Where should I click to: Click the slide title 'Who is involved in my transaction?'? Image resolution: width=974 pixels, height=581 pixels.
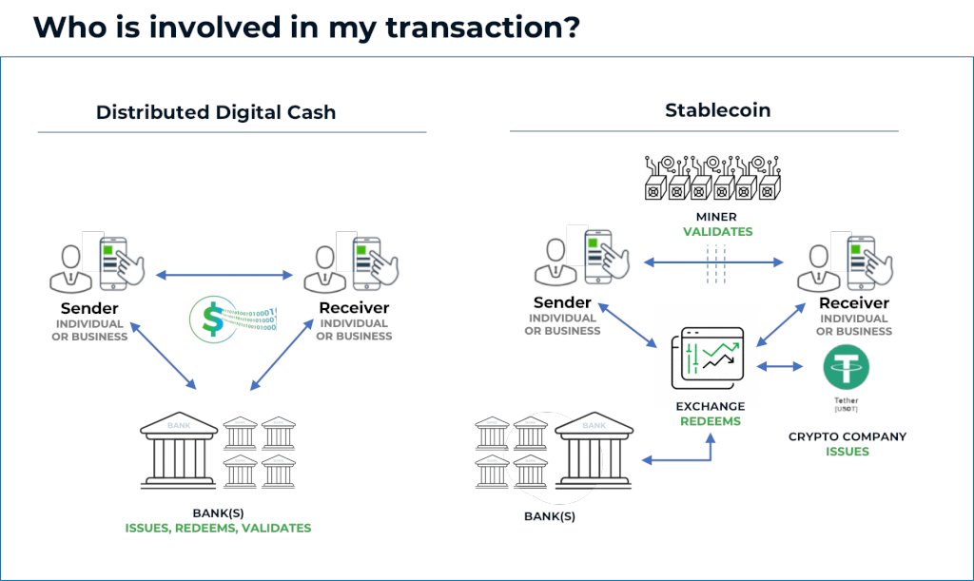tap(306, 27)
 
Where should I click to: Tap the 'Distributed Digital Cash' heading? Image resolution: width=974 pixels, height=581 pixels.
tap(216, 112)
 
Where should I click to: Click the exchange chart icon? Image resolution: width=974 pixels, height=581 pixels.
tap(710, 358)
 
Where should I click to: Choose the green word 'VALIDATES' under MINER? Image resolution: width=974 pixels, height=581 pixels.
tap(717, 231)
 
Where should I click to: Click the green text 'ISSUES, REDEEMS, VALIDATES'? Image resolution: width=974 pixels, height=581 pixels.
tap(218, 528)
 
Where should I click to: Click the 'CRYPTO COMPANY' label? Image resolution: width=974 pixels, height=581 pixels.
tap(847, 436)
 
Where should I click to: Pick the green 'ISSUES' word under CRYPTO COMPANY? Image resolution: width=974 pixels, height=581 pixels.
tap(847, 452)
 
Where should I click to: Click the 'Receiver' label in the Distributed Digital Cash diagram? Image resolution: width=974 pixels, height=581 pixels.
tap(354, 307)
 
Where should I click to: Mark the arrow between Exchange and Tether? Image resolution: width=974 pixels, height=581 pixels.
tap(780, 366)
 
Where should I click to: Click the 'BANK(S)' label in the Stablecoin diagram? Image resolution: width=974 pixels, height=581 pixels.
tap(550, 517)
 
